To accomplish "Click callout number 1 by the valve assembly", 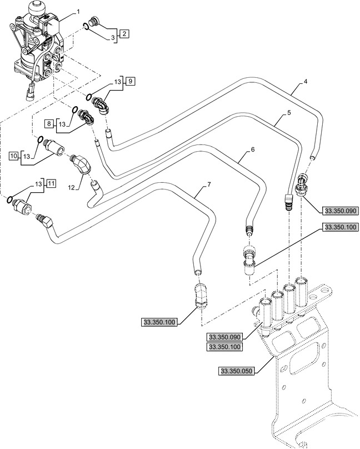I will [78, 11].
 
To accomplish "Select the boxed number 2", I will [124, 34].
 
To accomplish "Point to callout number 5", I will [289, 113].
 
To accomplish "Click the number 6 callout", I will [253, 150].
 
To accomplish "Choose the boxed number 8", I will [49, 122].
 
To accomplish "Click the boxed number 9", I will [130, 82].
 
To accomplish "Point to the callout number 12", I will [71, 187].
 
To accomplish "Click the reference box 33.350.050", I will [237, 371].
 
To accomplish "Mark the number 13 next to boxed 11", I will [38, 183].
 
